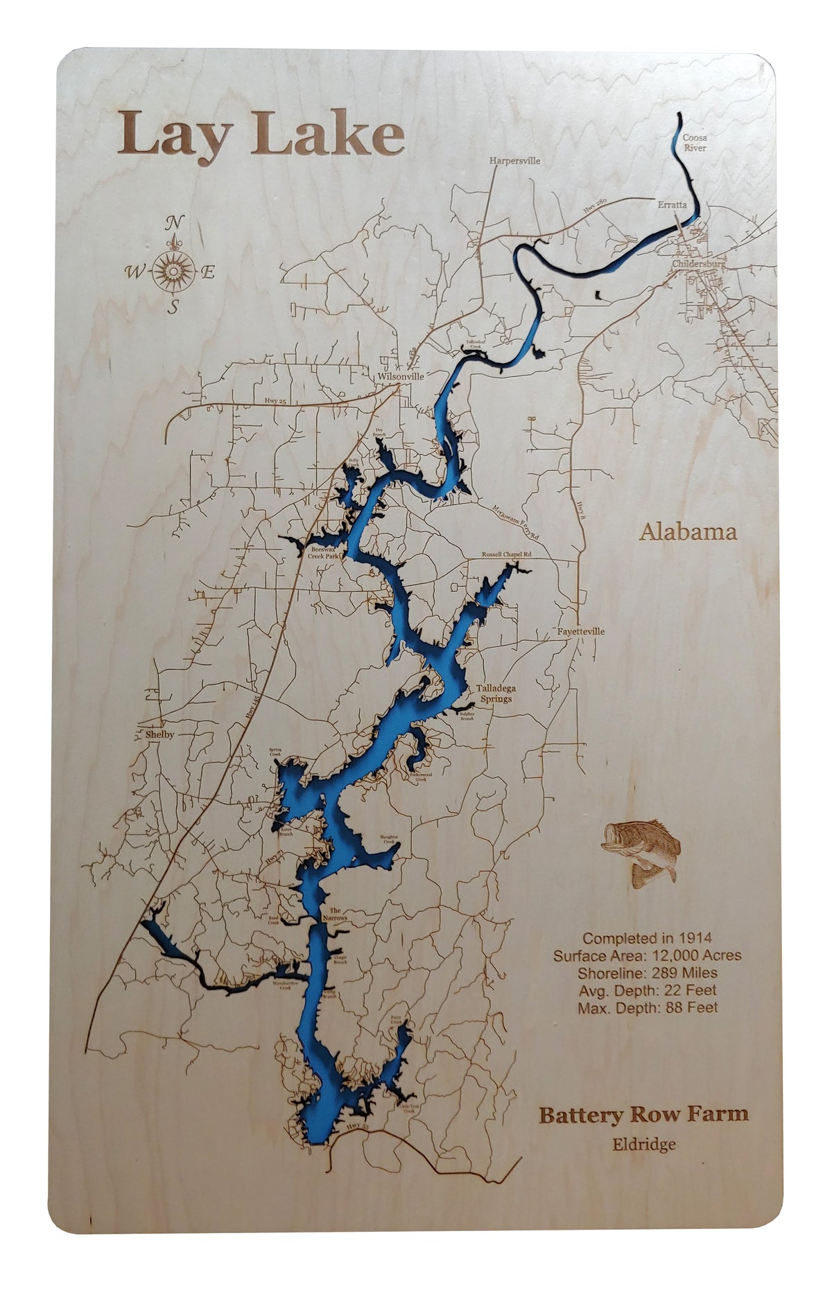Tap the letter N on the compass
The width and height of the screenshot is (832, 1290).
pos(176,223)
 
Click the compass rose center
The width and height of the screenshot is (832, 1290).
pos(173,271)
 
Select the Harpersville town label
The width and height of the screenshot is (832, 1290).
pos(514,161)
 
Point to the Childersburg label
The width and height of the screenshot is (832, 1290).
pos(698,264)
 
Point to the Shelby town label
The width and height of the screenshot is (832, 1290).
pos(160,734)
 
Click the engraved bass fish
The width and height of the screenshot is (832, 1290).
pos(642,851)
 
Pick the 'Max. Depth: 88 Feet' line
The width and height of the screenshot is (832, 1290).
pos(648,1007)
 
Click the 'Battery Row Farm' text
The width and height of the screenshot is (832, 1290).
pos(643,1115)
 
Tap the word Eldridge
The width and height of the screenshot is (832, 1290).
pos(643,1144)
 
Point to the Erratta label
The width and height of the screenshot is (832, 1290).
pos(672,205)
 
